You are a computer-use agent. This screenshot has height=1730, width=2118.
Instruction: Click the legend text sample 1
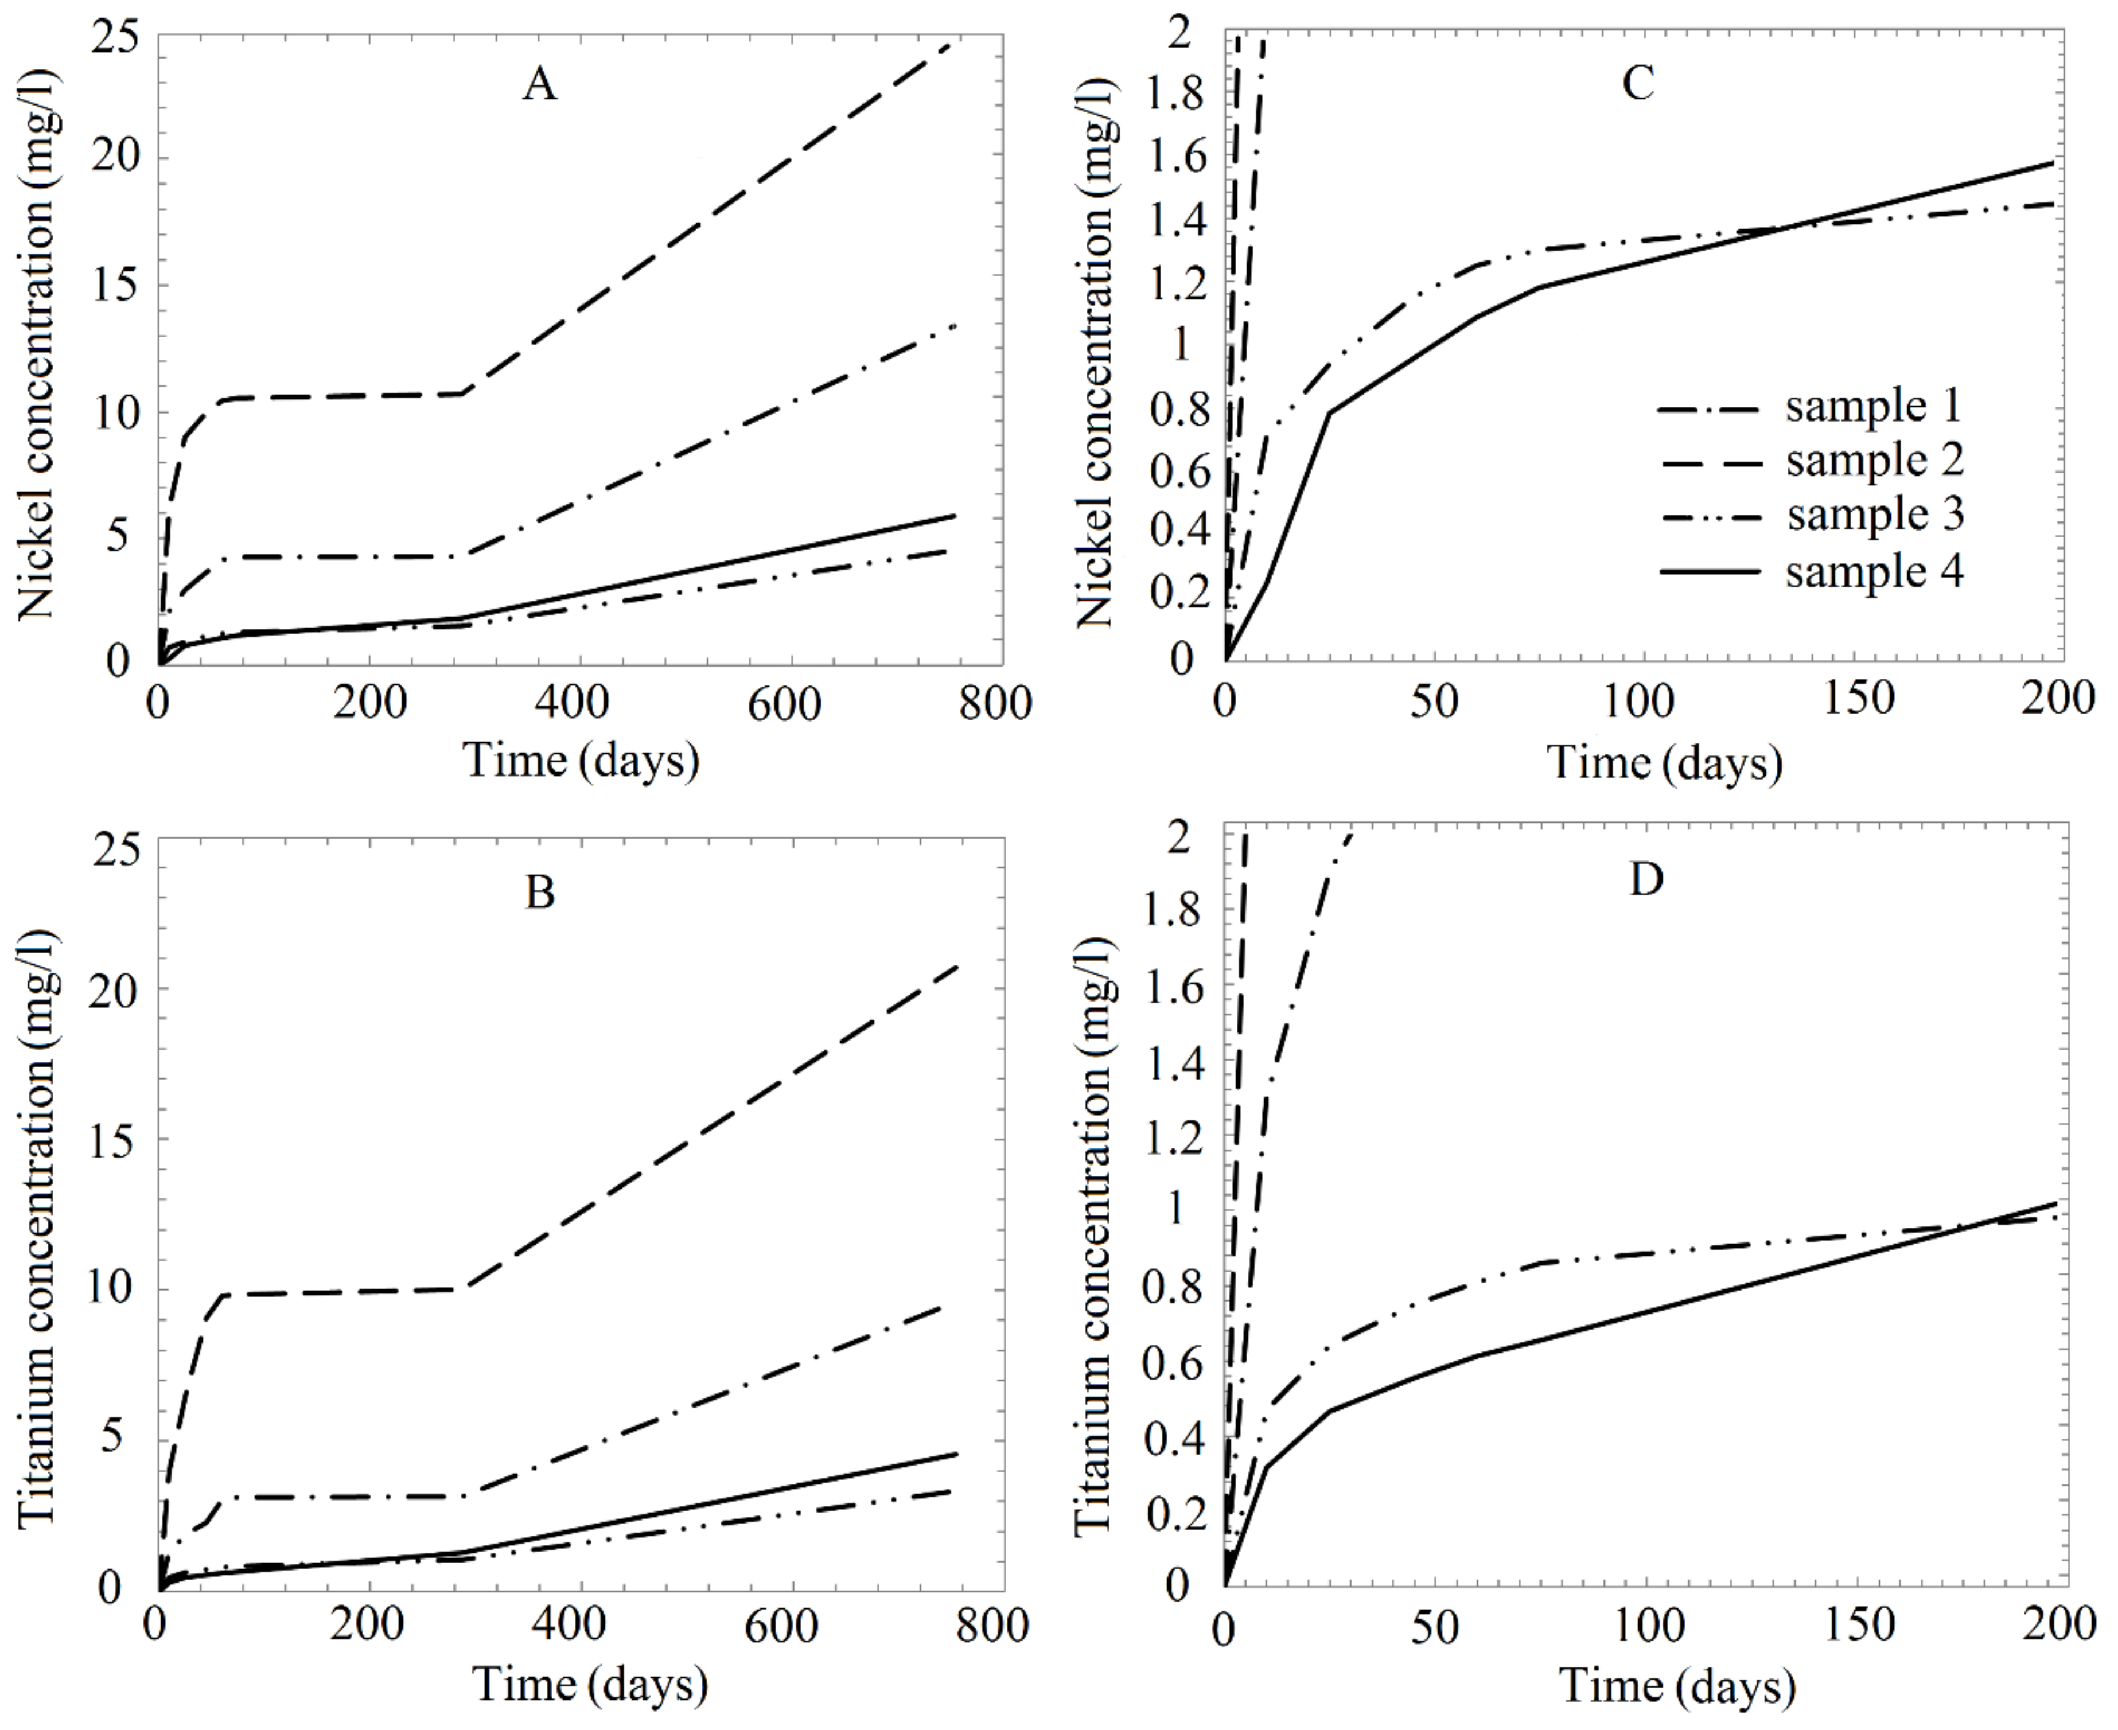1874,407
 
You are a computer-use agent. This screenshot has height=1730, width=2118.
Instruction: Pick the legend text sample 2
1874,461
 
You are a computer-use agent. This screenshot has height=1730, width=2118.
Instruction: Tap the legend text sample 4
1874,572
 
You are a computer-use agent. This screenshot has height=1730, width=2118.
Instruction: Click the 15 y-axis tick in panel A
116,285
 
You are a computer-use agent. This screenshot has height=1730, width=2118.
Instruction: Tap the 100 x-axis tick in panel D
1645,1626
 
